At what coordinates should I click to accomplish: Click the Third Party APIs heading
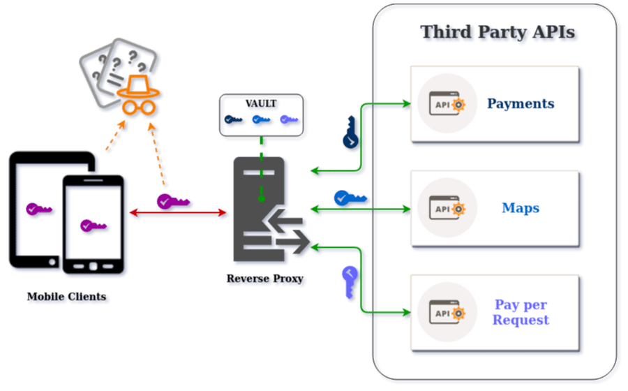pyautogui.click(x=500, y=34)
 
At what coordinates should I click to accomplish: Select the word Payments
pyautogui.click(x=521, y=103)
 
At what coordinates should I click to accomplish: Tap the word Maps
pyautogui.click(x=521, y=208)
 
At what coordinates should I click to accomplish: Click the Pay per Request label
pyautogui.click(x=521, y=312)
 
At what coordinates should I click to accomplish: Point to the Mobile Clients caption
pyautogui.click(x=67, y=297)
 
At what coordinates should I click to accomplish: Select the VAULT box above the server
pyautogui.click(x=262, y=115)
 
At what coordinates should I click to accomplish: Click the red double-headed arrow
pyautogui.click(x=179, y=214)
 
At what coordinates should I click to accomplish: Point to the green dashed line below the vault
pyautogui.click(x=262, y=168)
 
